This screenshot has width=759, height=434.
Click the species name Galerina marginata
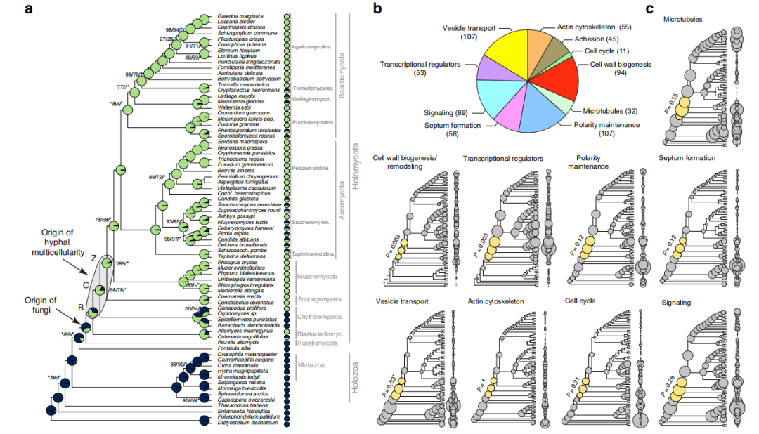point(240,15)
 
